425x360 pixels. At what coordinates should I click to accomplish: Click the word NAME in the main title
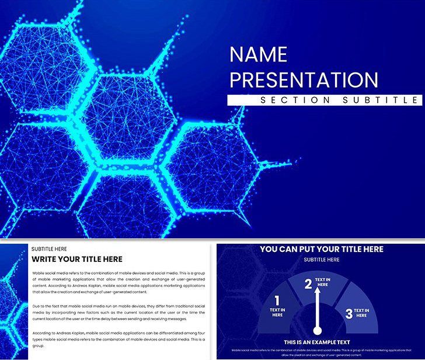259,55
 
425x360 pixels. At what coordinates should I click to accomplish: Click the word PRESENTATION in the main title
304,79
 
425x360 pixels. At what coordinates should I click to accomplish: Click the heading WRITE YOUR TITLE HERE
77,259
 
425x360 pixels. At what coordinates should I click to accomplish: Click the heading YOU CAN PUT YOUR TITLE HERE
321,249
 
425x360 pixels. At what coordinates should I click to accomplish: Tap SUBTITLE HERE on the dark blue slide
321,259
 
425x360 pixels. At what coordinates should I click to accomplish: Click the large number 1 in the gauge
277,301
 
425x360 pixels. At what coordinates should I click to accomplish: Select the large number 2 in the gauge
308,284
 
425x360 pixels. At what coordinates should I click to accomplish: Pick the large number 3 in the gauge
349,314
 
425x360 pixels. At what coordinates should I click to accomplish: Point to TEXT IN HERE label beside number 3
362,313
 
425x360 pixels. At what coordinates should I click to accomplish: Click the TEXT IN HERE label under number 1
277,312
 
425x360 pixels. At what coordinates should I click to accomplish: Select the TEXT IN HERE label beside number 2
323,283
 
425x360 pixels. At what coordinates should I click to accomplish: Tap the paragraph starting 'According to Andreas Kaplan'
119,338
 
